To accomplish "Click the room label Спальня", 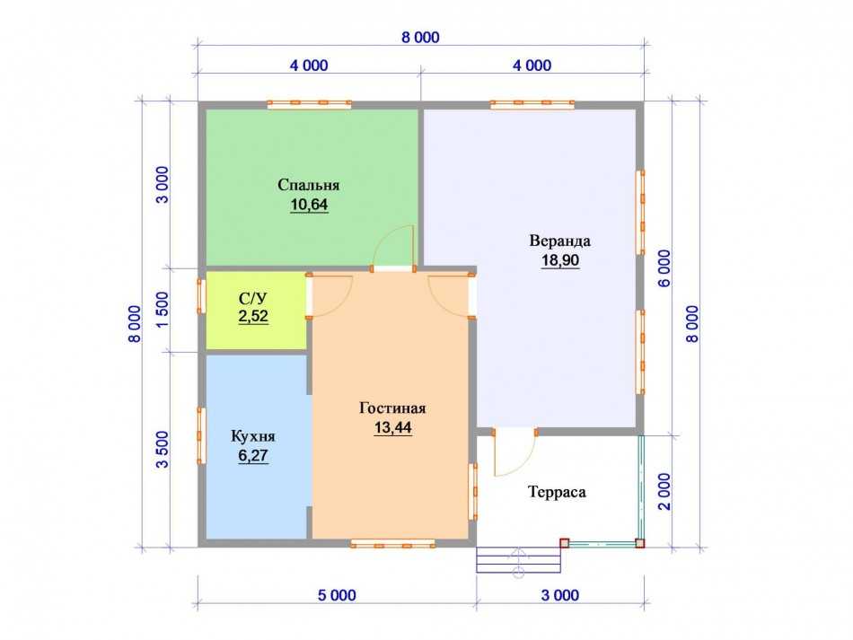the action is (x=309, y=185).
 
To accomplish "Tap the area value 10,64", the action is (x=309, y=205).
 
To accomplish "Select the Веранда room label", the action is (x=559, y=241).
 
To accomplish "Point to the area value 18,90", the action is (x=559, y=260).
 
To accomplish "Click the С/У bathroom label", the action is (x=253, y=298).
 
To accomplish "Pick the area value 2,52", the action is (x=253, y=316).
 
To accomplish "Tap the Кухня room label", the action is (x=253, y=436).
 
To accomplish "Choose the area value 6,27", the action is (x=253, y=456).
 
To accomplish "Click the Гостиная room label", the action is (x=392, y=408).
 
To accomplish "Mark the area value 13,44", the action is (x=392, y=428).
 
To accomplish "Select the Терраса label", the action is (x=557, y=492).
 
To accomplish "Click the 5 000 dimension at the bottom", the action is (x=337, y=595).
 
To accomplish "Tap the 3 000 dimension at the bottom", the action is (x=559, y=595).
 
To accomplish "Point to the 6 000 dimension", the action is (x=664, y=268).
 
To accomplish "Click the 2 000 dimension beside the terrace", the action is (x=664, y=492).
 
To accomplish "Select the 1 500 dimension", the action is (x=163, y=310).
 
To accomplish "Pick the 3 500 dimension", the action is (x=163, y=450).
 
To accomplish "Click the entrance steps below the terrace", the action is (x=518, y=560).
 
